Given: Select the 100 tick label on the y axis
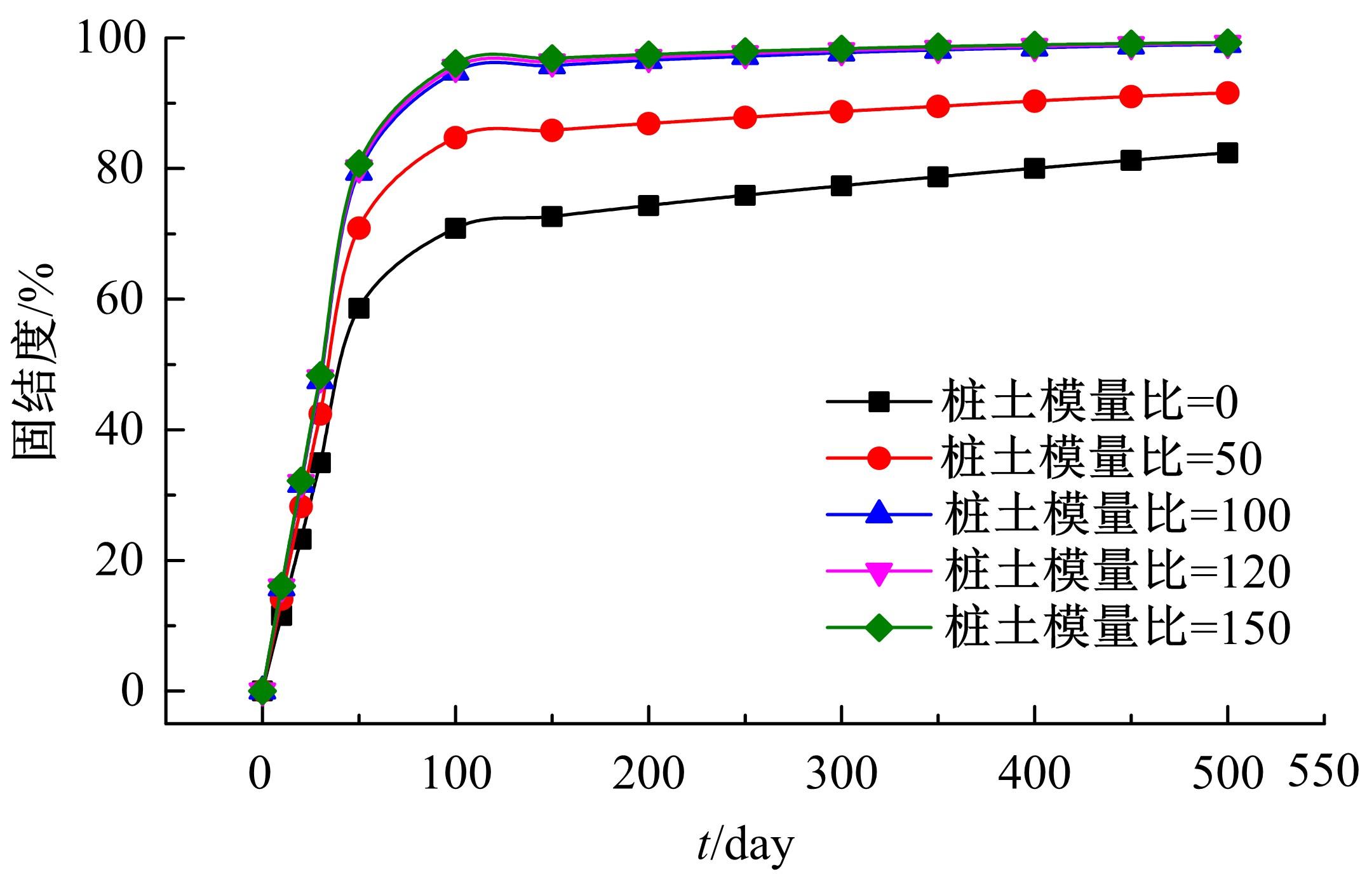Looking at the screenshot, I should (112, 39).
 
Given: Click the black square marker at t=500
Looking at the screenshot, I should (1227, 153).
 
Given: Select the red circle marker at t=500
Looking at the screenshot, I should (1227, 93).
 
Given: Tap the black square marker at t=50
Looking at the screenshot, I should (359, 308).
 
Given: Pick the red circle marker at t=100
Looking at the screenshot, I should (455, 137).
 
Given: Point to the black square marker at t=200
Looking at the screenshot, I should (648, 206).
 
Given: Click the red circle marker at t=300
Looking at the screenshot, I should (841, 112).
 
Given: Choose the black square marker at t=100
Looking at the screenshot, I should (455, 228).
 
